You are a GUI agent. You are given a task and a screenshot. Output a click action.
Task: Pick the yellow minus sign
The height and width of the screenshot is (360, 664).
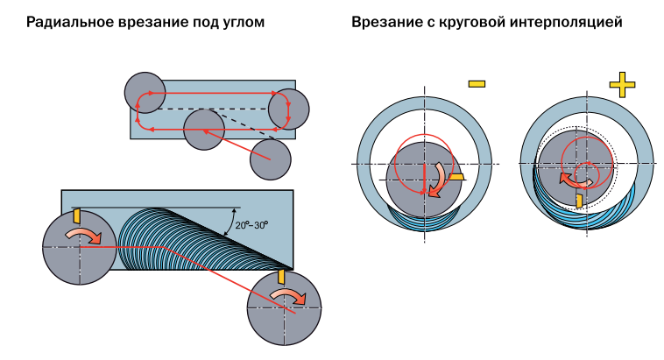point(477,84)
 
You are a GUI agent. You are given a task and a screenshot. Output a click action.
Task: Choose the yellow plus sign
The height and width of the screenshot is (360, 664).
point(621,85)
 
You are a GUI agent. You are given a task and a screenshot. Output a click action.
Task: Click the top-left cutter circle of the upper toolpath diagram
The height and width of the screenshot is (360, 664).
point(145,92)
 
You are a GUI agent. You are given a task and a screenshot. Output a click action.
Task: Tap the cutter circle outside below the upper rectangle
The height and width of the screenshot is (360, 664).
point(269,159)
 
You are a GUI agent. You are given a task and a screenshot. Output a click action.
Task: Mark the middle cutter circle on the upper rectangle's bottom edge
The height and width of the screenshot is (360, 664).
point(203,130)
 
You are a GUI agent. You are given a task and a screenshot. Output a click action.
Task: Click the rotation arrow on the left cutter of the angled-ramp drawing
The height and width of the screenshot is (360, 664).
point(84,236)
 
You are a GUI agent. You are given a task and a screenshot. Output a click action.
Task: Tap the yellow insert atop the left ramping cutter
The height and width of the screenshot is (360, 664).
point(77,215)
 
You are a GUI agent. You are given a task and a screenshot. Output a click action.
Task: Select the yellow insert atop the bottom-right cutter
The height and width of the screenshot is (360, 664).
point(281,276)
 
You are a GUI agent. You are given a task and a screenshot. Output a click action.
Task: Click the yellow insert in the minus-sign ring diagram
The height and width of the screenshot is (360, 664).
point(455,176)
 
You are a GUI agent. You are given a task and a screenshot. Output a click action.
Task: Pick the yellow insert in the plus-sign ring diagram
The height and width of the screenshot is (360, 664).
point(578,200)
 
